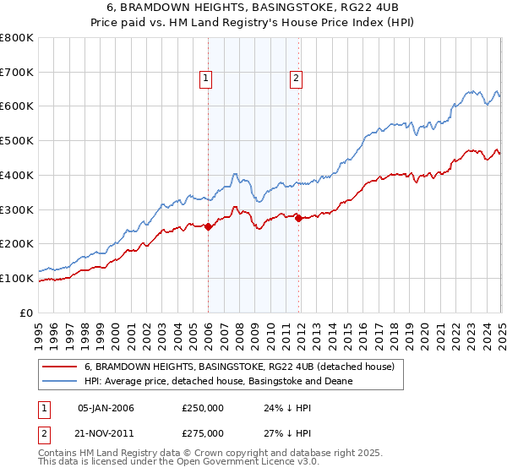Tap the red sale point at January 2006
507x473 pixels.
pos(208,226)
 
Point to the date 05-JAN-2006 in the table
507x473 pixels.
pos(106,408)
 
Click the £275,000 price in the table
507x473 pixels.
pos(202,432)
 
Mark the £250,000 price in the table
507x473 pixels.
pos(202,408)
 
